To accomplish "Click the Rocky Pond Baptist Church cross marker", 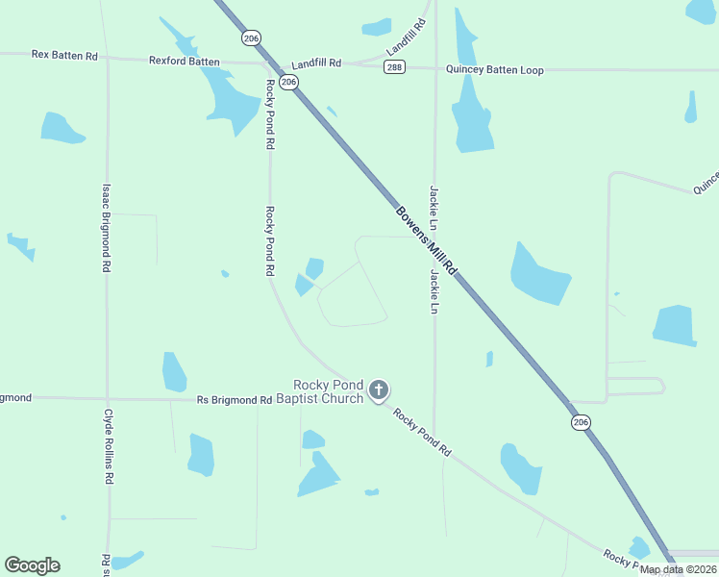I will [x=379, y=389].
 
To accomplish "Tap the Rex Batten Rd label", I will [x=64, y=56].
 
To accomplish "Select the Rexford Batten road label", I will [x=184, y=61].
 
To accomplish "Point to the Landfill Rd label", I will [x=316, y=63].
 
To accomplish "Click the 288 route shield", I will [x=394, y=66].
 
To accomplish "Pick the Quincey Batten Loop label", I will [x=494, y=70].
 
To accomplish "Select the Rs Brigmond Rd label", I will [x=228, y=400].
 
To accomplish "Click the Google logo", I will [x=32, y=565].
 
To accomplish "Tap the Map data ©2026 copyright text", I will [x=678, y=569].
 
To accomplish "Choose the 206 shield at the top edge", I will [x=251, y=38].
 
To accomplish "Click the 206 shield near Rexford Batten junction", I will [x=289, y=83].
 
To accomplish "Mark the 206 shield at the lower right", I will [x=580, y=422].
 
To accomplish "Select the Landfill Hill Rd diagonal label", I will [x=406, y=37].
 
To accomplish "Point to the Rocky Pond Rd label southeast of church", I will [x=421, y=431].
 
